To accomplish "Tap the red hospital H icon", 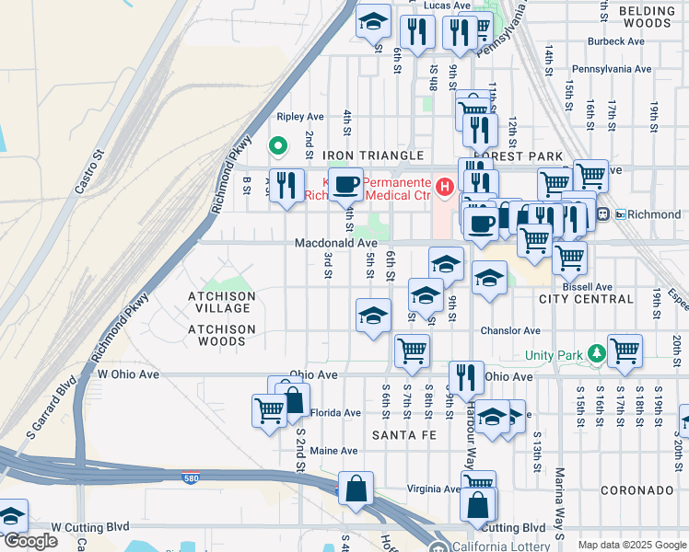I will pyautogui.click(x=446, y=188).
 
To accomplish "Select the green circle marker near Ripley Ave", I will pyautogui.click(x=275, y=146).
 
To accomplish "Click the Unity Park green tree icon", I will pyautogui.click(x=597, y=353).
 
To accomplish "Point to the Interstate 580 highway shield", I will pyautogui.click(x=190, y=480).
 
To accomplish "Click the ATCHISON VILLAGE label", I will pyautogui.click(x=221, y=296).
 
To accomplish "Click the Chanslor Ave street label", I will pyautogui.click(x=509, y=330).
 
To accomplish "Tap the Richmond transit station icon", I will pyautogui.click(x=602, y=214).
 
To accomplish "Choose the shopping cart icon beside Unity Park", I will pyautogui.click(x=625, y=350).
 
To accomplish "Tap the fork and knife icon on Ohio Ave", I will pyautogui.click(x=466, y=376).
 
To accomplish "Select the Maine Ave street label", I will pyautogui.click(x=333, y=451).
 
